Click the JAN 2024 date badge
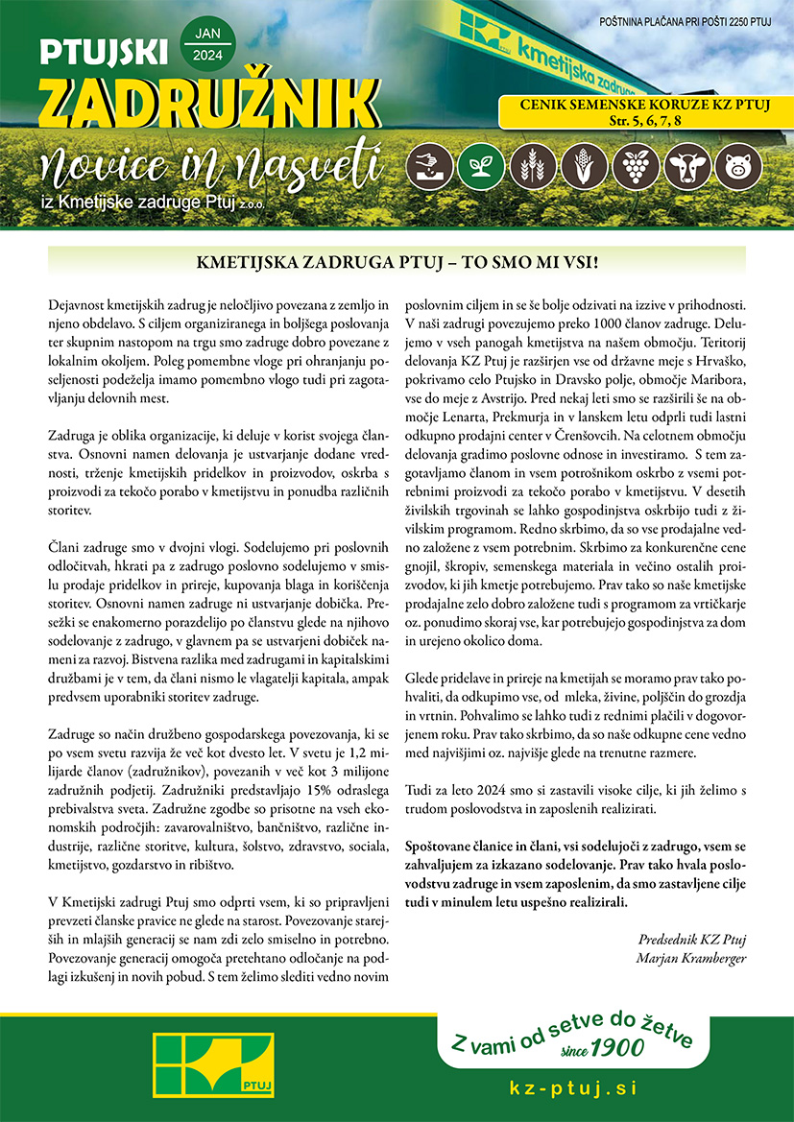[206, 44]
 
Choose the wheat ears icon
[526, 165]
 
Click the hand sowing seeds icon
[425, 165]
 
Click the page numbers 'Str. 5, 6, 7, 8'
[644, 121]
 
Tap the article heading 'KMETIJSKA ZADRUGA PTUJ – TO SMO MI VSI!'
[397, 261]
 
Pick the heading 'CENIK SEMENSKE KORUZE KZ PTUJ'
[644, 106]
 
